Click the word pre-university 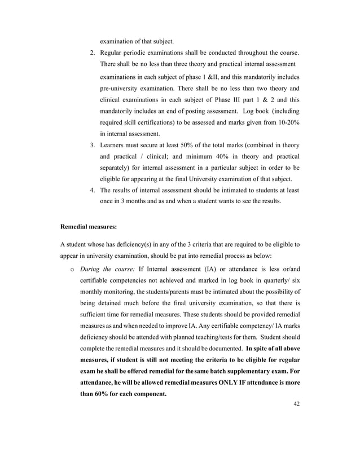[x=122, y=88]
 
